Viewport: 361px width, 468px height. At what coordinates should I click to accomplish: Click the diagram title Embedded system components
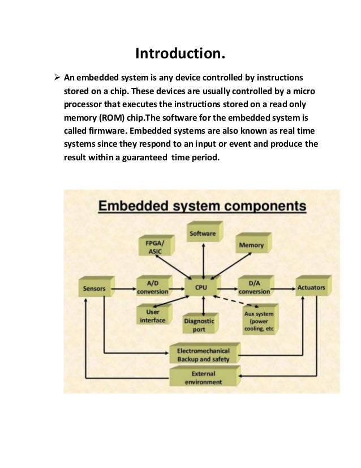tap(202, 205)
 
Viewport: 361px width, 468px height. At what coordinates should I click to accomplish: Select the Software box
tap(203, 233)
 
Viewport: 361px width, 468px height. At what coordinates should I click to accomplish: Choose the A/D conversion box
tap(153, 288)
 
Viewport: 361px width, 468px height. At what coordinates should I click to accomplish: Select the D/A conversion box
tap(254, 288)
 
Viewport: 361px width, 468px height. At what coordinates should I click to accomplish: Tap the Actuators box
tap(311, 287)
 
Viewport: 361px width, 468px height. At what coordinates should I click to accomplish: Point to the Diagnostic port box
tap(199, 324)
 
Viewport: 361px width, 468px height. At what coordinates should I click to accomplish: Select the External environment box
tap(203, 377)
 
